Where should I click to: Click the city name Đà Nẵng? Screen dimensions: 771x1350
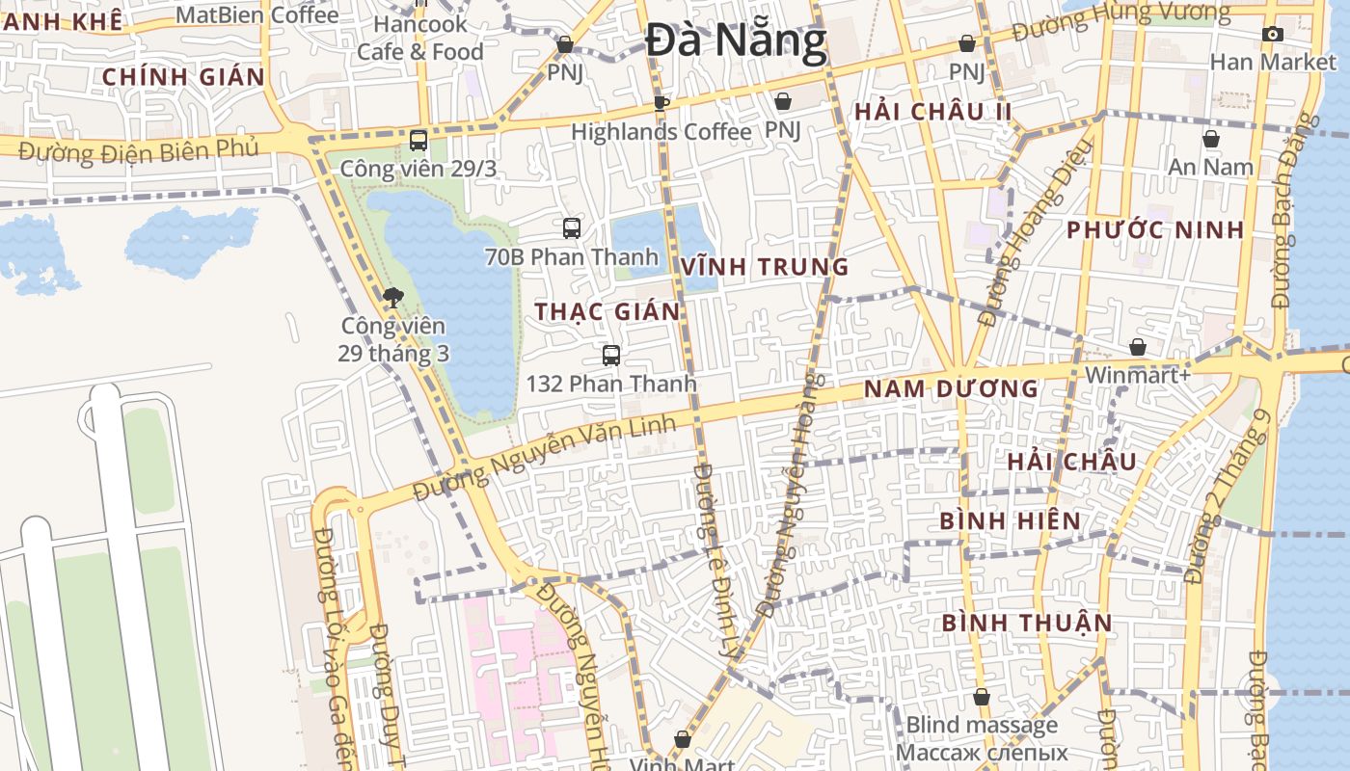pyautogui.click(x=736, y=40)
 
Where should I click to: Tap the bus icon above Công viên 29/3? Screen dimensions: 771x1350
pyautogui.click(x=418, y=141)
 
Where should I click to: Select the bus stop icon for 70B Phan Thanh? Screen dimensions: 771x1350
pyautogui.click(x=572, y=228)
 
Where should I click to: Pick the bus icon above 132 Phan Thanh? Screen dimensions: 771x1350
pyautogui.click(x=610, y=356)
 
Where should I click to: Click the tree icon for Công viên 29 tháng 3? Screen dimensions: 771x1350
pyautogui.click(x=392, y=297)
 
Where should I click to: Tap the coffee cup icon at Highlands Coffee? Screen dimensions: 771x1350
pyautogui.click(x=661, y=103)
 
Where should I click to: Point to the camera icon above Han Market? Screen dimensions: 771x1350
pyautogui.click(x=1273, y=35)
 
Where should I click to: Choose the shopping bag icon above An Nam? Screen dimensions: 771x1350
pyautogui.click(x=1210, y=140)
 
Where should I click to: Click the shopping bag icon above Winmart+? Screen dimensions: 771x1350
pyautogui.click(x=1138, y=347)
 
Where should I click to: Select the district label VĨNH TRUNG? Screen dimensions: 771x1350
pyautogui.click(x=765, y=267)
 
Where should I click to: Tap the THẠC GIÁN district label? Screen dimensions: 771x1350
pyautogui.click(x=607, y=311)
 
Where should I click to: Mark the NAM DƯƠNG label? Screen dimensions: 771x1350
pyautogui.click(x=951, y=389)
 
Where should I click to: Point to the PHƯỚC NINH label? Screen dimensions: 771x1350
pyautogui.click(x=1155, y=230)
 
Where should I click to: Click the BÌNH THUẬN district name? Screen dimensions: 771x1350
pyautogui.click(x=1027, y=623)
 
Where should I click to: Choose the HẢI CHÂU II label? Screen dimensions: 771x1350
pyautogui.click(x=933, y=112)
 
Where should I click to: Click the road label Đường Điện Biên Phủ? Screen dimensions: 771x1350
pyautogui.click(x=139, y=150)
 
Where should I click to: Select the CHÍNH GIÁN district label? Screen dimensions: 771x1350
pyautogui.click(x=183, y=77)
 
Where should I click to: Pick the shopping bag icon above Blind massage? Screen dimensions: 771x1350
pyautogui.click(x=982, y=697)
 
